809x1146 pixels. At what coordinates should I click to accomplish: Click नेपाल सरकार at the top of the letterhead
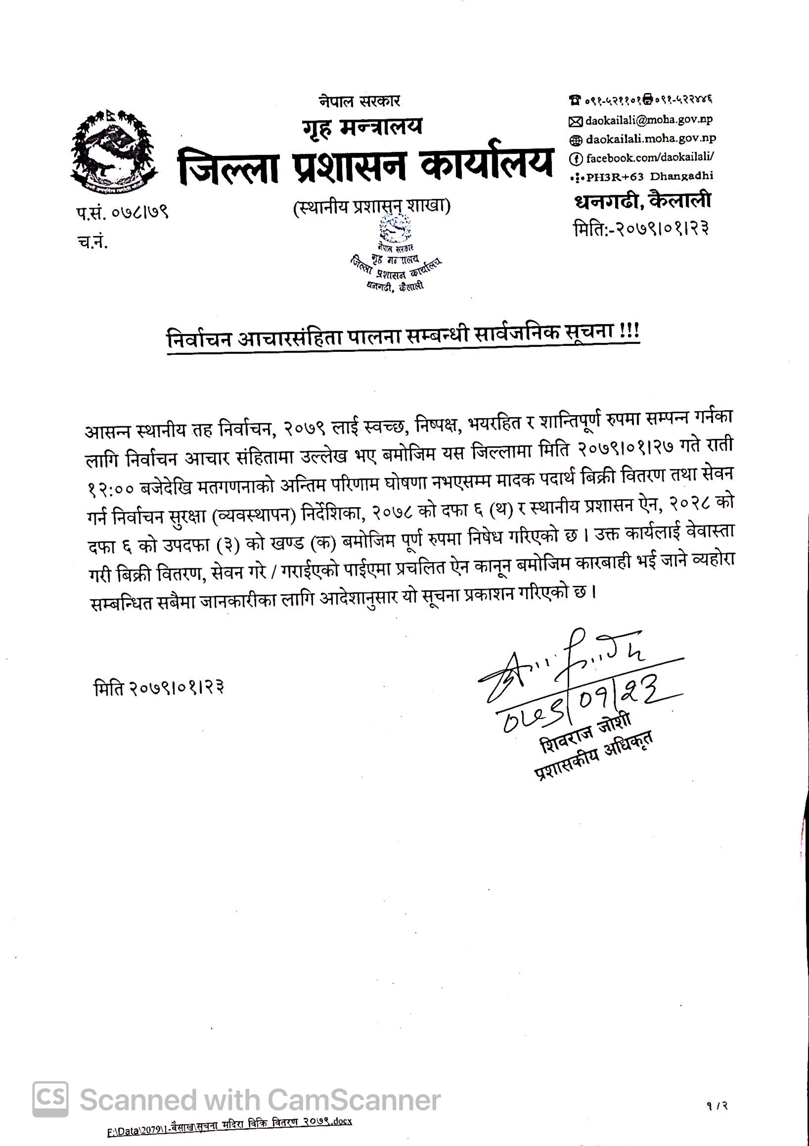360,101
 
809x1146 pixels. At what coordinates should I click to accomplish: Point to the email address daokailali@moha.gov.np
649,120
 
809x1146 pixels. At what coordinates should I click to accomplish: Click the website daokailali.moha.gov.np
651,139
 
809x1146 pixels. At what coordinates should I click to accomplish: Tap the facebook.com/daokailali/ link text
649,158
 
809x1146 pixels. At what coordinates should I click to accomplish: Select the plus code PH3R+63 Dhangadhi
649,176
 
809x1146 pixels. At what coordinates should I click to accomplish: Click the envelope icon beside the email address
575,121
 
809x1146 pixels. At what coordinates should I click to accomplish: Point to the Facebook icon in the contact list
575,159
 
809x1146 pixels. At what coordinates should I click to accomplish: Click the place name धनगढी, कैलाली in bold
643,201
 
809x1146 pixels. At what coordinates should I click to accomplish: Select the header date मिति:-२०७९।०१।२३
641,229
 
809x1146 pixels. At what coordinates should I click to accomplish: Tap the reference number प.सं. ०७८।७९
122,213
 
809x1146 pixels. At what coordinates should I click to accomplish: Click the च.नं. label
92,242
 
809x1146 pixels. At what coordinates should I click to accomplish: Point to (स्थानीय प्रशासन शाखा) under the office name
372,206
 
